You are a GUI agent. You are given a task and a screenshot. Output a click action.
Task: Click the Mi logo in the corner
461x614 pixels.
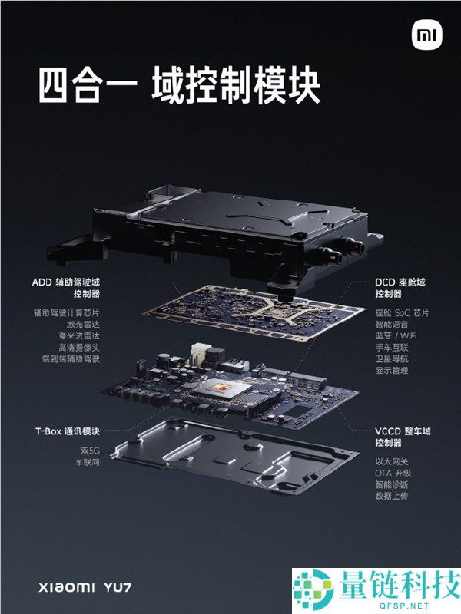(x=427, y=35)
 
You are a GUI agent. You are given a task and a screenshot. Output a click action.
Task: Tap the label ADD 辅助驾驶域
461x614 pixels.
(x=66, y=282)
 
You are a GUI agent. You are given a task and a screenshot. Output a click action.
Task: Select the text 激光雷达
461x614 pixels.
(x=83, y=324)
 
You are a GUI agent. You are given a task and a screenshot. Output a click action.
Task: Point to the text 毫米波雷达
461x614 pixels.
(x=79, y=336)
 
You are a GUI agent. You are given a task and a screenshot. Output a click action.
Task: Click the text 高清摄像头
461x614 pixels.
(x=79, y=348)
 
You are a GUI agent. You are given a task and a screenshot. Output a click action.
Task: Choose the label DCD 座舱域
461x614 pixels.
(x=400, y=282)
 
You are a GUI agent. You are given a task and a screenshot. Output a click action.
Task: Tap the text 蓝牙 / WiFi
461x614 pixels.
(x=396, y=336)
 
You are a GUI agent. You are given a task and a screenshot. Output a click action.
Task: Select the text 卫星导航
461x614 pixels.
(x=392, y=358)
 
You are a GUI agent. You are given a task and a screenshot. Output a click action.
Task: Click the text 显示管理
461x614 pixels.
(x=392, y=371)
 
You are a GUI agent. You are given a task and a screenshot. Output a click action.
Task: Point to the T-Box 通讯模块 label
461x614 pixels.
(x=68, y=431)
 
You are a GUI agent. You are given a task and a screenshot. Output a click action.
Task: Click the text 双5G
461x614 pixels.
(x=90, y=451)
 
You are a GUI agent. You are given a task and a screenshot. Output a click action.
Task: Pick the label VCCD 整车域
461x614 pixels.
(x=403, y=431)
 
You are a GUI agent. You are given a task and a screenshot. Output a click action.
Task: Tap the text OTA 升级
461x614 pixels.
(x=393, y=473)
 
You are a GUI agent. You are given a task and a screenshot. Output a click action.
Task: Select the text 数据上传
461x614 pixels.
(x=392, y=496)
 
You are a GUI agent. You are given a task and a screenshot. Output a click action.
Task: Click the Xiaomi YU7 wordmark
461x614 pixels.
(x=85, y=587)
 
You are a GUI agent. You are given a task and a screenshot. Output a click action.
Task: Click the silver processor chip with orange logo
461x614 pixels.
(x=223, y=389)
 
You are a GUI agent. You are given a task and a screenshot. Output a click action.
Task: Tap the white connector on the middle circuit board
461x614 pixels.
(x=199, y=354)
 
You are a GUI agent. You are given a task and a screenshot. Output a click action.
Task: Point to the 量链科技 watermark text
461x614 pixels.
(x=400, y=584)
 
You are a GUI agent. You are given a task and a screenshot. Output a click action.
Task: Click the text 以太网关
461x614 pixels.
(x=392, y=462)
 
